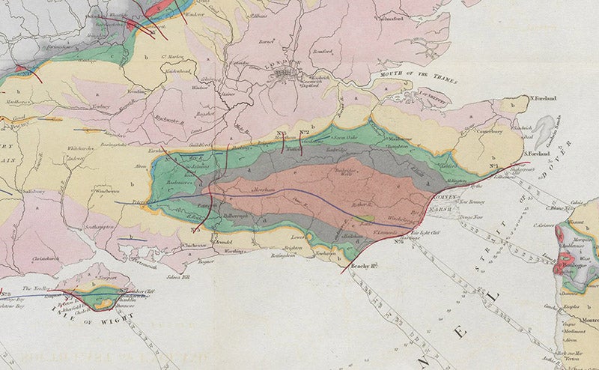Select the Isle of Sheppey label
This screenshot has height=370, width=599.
pyautogui.click(x=439, y=95)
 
